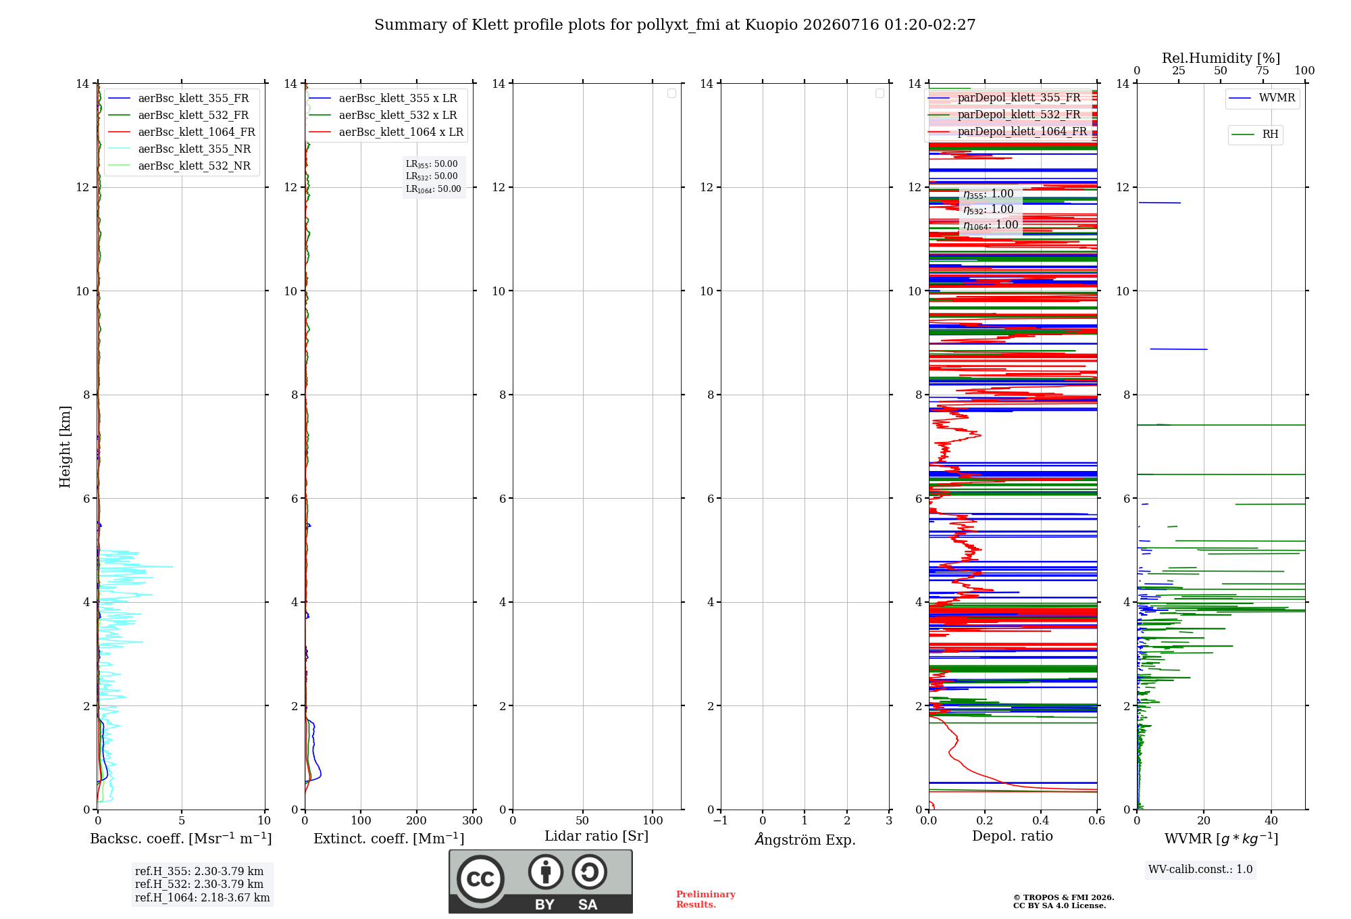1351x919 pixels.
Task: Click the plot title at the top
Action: click(675, 25)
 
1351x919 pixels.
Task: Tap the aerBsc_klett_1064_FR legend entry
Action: click(181, 132)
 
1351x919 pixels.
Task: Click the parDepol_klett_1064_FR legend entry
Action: click(1008, 131)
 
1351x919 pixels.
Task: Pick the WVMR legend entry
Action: click(1262, 98)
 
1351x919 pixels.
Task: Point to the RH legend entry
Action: click(1255, 134)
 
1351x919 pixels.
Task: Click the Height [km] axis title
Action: click(65, 446)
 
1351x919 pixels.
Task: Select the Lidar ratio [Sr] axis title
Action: click(596, 837)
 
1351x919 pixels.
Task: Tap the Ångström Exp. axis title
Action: click(805, 839)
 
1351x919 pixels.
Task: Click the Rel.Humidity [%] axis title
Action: click(1221, 58)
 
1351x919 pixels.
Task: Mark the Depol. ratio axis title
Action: click(1013, 836)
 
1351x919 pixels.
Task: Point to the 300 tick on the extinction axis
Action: click(472, 820)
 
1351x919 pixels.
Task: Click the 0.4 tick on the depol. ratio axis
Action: click(1041, 820)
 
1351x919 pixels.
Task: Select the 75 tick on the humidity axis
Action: click(1263, 70)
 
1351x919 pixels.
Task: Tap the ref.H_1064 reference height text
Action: click(203, 897)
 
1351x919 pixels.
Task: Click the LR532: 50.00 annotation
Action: click(432, 176)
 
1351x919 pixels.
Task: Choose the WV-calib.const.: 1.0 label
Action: click(1200, 869)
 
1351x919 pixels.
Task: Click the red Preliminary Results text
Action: click(706, 899)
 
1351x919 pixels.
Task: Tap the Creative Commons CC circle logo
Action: click(480, 879)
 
